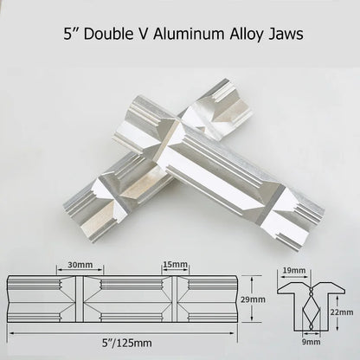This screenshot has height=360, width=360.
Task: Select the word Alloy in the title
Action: tap(247, 35)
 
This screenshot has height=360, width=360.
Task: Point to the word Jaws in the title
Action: tap(286, 35)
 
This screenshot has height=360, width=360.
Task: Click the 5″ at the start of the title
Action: tap(70, 34)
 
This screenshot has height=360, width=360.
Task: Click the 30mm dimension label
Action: tap(80, 265)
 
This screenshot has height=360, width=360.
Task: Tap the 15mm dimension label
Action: tap(176, 264)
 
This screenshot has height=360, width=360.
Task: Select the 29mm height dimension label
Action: tap(253, 299)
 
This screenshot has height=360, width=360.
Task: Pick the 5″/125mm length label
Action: tap(127, 343)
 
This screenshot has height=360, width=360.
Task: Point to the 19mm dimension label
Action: tap(294, 270)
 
